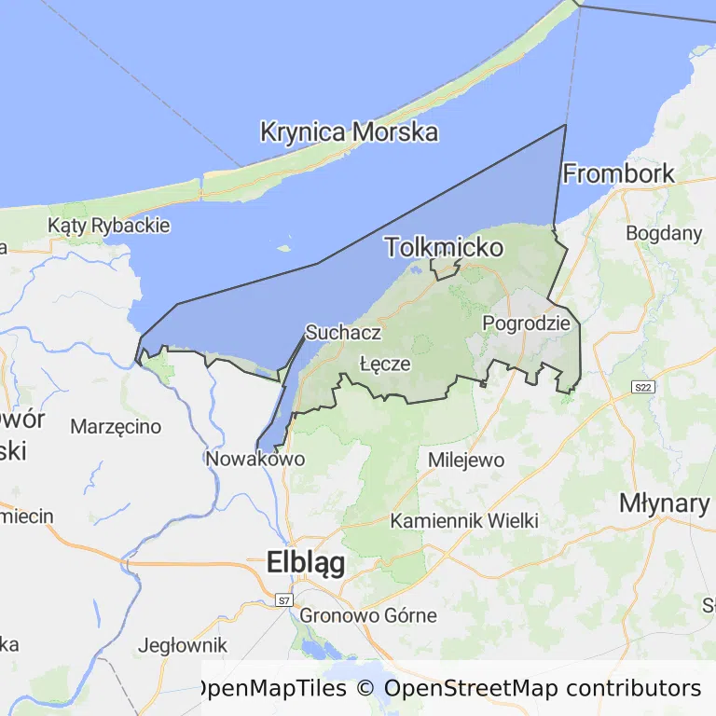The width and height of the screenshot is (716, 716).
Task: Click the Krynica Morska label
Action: (x=349, y=131)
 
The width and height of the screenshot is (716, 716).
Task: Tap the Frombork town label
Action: (x=618, y=173)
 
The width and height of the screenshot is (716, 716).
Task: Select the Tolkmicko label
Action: (x=444, y=247)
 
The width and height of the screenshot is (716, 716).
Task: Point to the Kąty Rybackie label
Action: (x=109, y=225)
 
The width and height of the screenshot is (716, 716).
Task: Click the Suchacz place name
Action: (x=343, y=332)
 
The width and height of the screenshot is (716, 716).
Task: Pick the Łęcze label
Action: (x=384, y=364)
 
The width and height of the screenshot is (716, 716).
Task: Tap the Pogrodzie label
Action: (x=526, y=323)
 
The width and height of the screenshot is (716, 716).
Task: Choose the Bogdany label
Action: (x=664, y=233)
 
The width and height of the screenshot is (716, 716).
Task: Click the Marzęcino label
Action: (x=116, y=427)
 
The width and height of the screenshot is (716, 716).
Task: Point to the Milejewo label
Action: (x=466, y=460)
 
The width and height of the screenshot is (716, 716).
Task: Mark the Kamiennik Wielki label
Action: (x=464, y=520)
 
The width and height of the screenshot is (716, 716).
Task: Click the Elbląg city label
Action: (x=306, y=563)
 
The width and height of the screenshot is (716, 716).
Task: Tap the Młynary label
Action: (x=664, y=503)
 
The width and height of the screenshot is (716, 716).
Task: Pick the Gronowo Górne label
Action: (x=367, y=615)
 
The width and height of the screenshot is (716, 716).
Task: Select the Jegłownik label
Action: (x=183, y=645)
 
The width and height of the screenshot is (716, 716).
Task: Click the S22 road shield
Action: (x=640, y=386)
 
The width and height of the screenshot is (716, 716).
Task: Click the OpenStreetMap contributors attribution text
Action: (x=543, y=689)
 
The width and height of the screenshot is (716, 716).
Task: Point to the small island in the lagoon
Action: (x=282, y=249)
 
